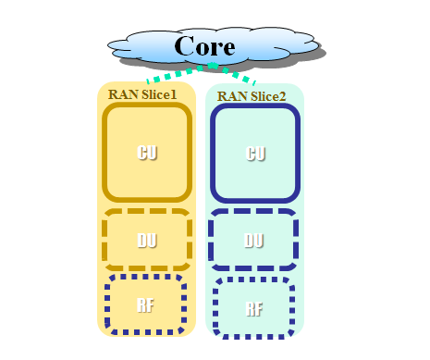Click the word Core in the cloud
[204, 45]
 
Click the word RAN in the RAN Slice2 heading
[230, 96]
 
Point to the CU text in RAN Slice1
[146, 153]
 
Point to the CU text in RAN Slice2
[256, 154]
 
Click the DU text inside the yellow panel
[146, 241]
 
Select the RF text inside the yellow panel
[145, 305]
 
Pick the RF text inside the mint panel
[253, 309]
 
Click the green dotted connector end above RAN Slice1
[151, 81]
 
